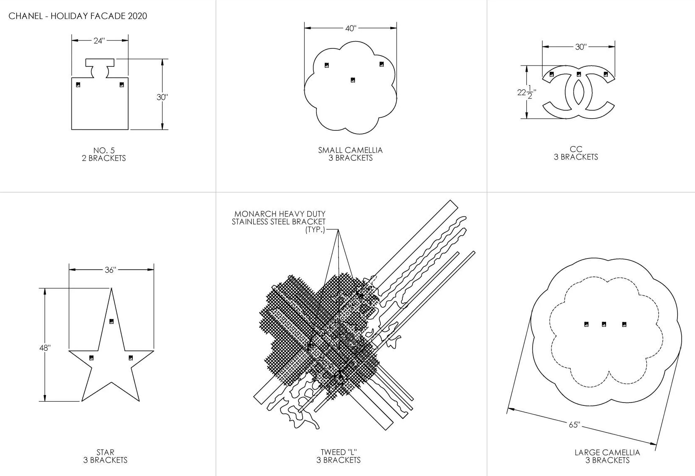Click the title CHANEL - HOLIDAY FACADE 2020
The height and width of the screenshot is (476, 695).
tap(78, 16)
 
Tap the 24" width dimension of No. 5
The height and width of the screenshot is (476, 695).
tap(99, 41)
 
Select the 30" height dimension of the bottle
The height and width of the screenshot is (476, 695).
tap(162, 97)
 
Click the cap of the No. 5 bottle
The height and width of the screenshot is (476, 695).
tap(100, 68)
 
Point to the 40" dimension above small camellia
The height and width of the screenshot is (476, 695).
tap(351, 28)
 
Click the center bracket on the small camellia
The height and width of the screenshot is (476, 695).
tap(353, 80)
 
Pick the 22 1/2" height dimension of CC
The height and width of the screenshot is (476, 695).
tap(526, 92)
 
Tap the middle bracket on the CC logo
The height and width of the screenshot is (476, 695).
tap(579, 74)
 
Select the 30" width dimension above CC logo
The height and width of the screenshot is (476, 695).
tap(581, 47)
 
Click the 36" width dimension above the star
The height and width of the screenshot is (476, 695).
tap(111, 270)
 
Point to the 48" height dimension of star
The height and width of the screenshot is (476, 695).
tap(45, 348)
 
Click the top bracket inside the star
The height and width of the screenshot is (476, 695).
tap(112, 322)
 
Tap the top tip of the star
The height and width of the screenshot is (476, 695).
tap(111, 288)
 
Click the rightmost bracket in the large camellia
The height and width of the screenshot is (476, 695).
tap(624, 324)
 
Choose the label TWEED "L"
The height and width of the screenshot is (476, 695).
tap(339, 452)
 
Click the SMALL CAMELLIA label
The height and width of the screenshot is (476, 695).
tap(350, 150)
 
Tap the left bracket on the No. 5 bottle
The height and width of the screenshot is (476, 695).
tap(78, 85)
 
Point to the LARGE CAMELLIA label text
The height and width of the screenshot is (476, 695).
tap(607, 453)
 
